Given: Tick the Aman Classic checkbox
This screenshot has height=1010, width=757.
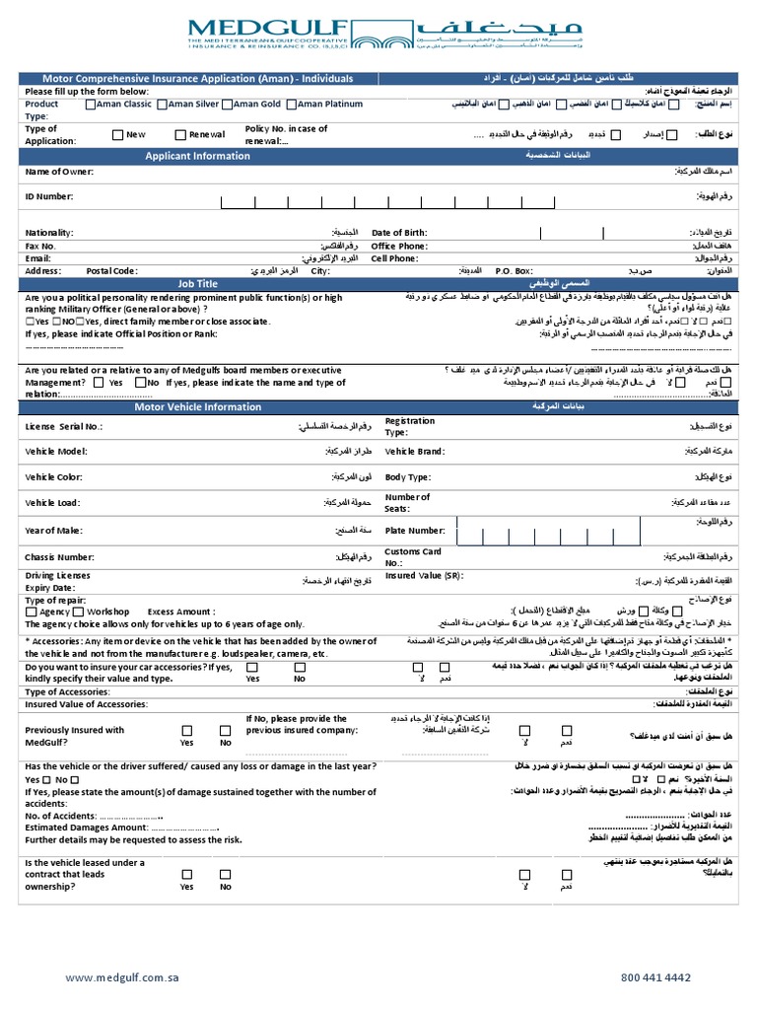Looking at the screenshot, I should (92, 104).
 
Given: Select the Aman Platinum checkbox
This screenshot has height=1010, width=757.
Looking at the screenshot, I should (292, 104).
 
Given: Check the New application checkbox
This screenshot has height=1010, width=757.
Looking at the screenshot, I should (118, 135).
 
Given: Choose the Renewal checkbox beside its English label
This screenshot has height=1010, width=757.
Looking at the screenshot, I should (180, 135).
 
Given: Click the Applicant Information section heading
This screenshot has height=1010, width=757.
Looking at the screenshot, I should (198, 156).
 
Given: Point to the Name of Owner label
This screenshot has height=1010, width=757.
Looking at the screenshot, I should (59, 173).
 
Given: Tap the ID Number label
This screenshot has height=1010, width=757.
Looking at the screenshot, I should (49, 196).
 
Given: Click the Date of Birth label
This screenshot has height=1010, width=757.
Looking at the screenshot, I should (399, 233).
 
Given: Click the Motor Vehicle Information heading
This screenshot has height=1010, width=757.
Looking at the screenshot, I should (198, 406).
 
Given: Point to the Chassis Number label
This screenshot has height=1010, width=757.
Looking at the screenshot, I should (60, 557).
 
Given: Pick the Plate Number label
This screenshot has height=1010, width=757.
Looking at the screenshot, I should (415, 531).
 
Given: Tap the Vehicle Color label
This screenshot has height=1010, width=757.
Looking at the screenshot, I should (55, 477).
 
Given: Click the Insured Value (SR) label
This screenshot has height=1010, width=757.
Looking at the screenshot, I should (424, 576).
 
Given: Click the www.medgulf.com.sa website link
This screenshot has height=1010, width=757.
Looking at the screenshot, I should (122, 977).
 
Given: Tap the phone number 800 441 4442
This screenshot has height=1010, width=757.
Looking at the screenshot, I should (655, 977).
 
